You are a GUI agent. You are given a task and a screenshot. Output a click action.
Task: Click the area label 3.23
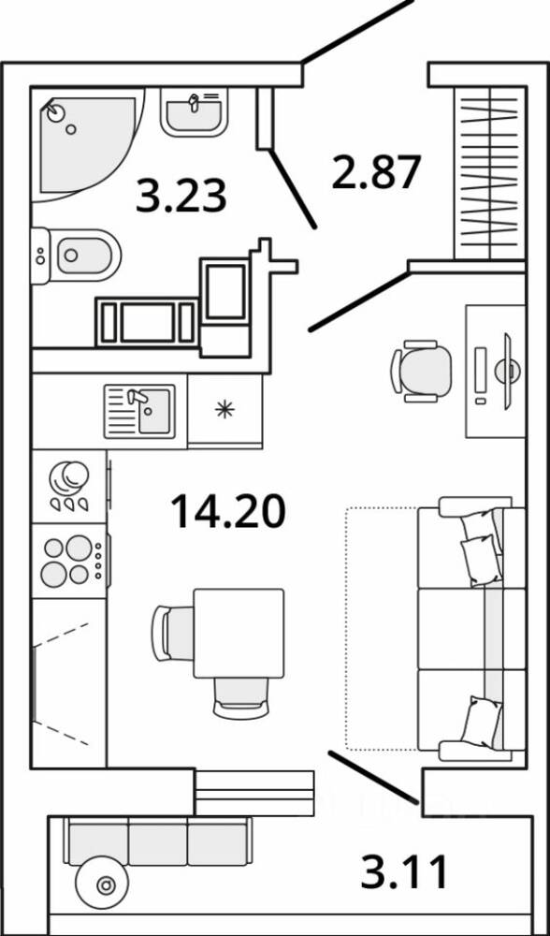tap(181, 196)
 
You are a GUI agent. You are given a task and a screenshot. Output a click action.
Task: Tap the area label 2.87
tap(376, 171)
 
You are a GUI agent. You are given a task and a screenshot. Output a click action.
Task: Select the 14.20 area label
tap(228, 512)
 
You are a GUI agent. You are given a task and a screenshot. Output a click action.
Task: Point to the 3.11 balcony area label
tap(404, 870)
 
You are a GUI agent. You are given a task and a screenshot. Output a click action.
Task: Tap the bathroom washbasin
tap(194, 112)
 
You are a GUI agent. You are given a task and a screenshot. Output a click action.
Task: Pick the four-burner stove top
tap(70, 561)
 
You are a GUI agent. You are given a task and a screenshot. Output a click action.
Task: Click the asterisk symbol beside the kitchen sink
tap(224, 410)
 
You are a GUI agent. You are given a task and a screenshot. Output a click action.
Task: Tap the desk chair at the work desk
tap(421, 371)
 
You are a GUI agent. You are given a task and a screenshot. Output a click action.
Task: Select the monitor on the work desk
tap(507, 372)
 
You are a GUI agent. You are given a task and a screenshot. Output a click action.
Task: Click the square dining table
tap(239, 633)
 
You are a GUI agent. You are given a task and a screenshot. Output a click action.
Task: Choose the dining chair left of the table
tap(173, 633)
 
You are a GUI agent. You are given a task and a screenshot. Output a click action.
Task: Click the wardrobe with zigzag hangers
tap(490, 172)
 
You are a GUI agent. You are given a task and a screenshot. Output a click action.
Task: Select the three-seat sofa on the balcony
tap(157, 841)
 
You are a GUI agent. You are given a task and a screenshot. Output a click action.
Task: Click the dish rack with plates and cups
tap(70, 487)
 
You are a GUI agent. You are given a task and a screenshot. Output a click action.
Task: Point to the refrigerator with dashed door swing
tap(68, 683)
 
